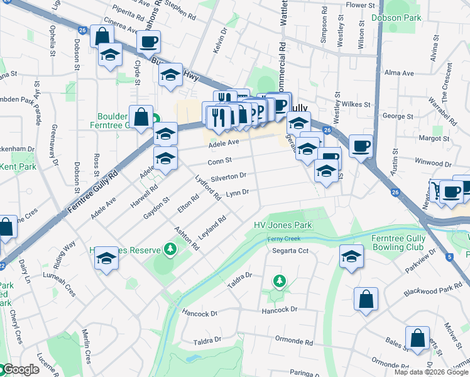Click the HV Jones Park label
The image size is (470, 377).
point(282,226)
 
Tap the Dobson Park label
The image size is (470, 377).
point(396,18)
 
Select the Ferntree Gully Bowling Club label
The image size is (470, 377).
point(398,243)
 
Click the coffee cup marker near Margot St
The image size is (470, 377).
point(361,146)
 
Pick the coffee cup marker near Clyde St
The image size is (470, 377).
point(148,42)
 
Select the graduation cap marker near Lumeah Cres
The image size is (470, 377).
point(107,258)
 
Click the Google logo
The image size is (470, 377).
point(20,370)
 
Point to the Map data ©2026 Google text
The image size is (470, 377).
point(431,372)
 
